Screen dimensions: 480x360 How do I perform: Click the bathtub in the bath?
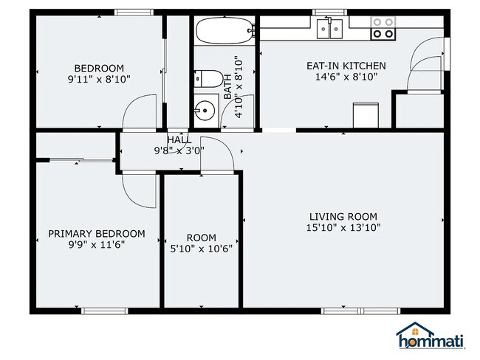click(x=225, y=30)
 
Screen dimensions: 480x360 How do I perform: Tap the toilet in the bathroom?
click(x=209, y=79)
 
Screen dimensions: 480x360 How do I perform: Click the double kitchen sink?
click(x=329, y=29)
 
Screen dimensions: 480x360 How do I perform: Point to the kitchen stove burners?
click(x=383, y=28)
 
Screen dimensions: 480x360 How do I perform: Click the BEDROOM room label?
click(x=99, y=68)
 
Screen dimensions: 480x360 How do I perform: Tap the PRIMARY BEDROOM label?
click(x=97, y=234)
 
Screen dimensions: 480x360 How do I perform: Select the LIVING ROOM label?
click(x=343, y=217)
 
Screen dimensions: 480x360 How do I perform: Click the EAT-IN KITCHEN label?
click(x=346, y=66)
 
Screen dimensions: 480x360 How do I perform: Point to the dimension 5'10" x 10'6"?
click(x=202, y=249)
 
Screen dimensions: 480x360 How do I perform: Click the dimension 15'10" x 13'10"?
click(x=343, y=227)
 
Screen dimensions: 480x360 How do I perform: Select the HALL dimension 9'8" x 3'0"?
click(x=179, y=150)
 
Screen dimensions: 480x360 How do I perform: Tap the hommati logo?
click(x=431, y=336)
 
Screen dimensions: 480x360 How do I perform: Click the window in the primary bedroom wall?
click(x=105, y=311)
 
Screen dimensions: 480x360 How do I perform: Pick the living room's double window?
click(x=360, y=311)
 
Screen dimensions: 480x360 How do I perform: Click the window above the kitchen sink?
click(x=329, y=13)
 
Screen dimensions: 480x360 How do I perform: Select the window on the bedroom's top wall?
click(x=134, y=13)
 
